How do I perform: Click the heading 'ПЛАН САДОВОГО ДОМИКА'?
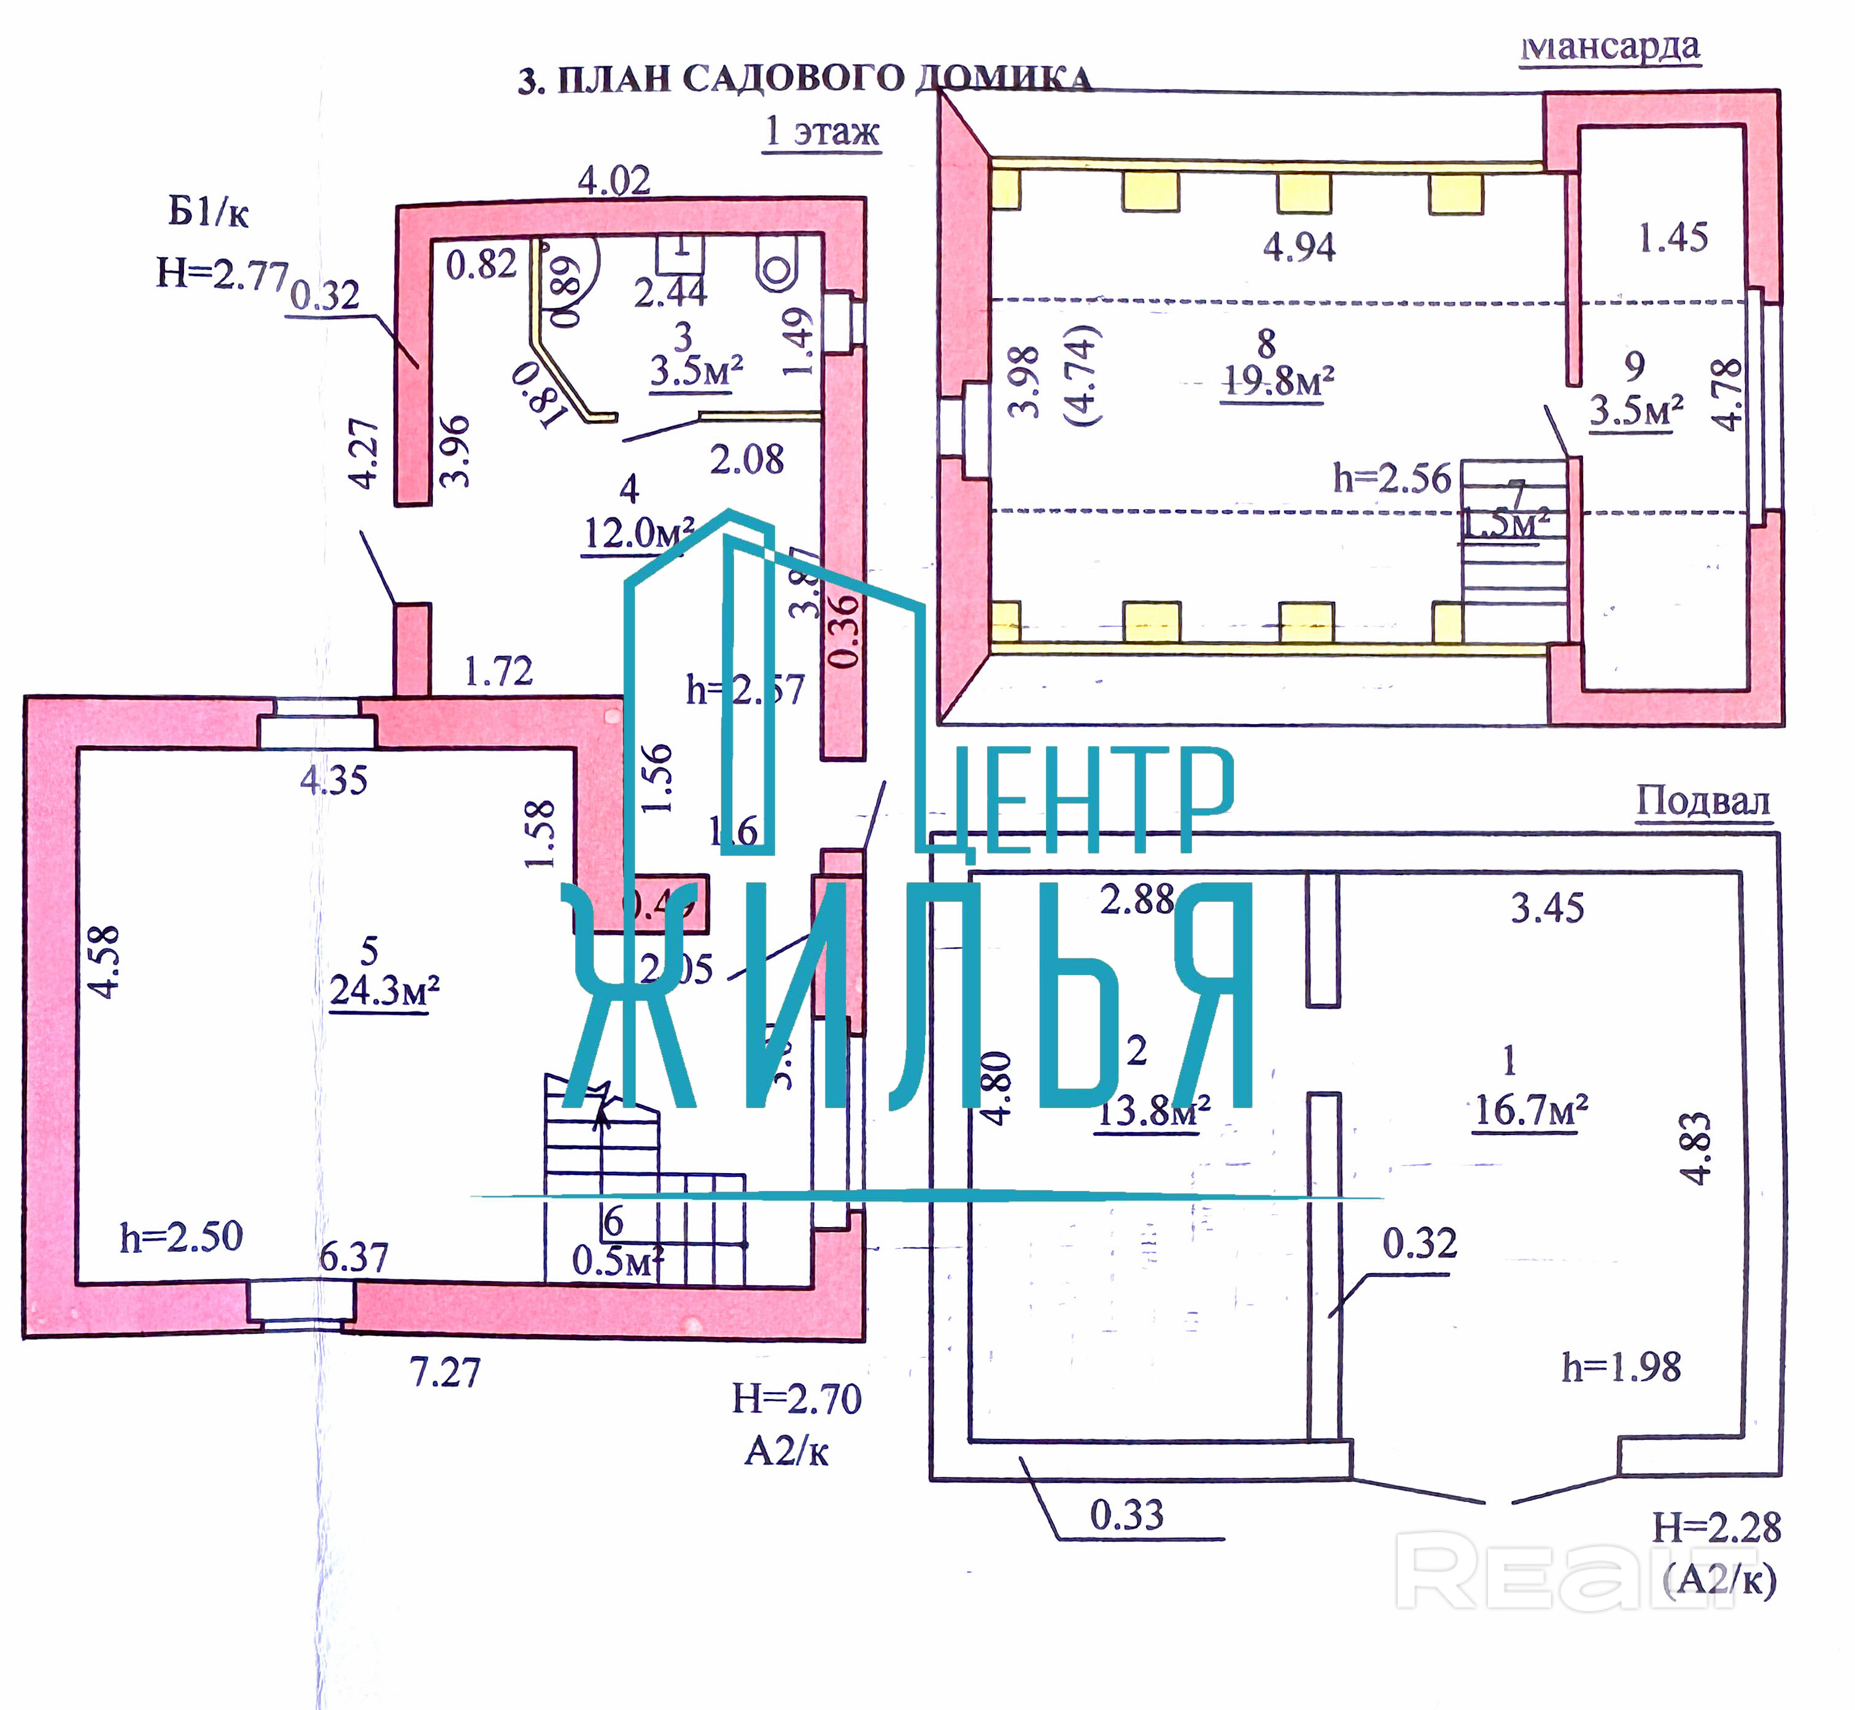click(805, 79)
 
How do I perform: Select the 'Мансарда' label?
click(1611, 46)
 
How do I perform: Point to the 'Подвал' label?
click(1703, 801)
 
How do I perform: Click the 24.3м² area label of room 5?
click(384, 991)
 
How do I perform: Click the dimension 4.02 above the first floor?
click(614, 180)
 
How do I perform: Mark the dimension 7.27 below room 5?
click(445, 1373)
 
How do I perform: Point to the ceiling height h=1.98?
click(1621, 1366)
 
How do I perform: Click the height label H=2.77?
click(222, 273)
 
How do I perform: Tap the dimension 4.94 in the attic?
click(1299, 247)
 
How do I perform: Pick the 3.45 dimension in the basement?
click(1547, 909)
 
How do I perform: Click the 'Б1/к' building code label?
click(208, 213)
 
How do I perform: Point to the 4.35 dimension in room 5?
click(333, 780)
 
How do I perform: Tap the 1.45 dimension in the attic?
click(1673, 238)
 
